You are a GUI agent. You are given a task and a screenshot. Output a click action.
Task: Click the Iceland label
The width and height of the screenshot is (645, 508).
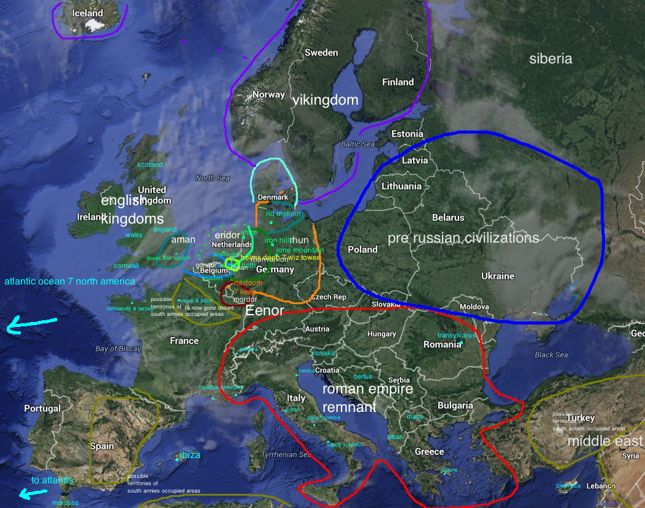pyautogui.click(x=87, y=13)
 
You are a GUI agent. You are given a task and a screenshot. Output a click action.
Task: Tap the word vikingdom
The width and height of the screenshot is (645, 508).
pyautogui.click(x=325, y=100)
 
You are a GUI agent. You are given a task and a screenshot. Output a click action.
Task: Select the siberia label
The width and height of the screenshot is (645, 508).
pyautogui.click(x=550, y=59)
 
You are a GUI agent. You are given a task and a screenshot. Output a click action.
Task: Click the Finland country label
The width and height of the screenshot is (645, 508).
pyautogui.click(x=398, y=82)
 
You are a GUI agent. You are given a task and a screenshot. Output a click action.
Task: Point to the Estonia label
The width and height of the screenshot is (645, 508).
pyautogui.click(x=407, y=134)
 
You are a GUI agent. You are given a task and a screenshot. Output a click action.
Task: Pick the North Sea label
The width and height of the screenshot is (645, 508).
pyautogui.click(x=212, y=178)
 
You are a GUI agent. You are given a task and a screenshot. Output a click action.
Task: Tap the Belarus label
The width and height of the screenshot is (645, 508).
pyautogui.click(x=447, y=217)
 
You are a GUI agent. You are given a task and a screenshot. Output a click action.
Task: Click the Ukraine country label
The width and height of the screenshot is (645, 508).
pyautogui.click(x=497, y=276)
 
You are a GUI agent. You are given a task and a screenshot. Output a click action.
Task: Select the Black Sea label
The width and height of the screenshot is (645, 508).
pyautogui.click(x=551, y=355)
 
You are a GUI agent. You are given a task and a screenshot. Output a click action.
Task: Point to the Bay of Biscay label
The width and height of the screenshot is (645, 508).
pyautogui.click(x=118, y=349)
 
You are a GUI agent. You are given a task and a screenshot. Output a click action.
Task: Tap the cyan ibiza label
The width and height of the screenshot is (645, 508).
pyautogui.click(x=190, y=455)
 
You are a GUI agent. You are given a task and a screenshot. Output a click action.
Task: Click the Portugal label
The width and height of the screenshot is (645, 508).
pyautogui.click(x=42, y=408)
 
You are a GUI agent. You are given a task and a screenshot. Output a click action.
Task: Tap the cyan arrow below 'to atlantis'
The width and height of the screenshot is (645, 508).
pyautogui.click(x=33, y=493)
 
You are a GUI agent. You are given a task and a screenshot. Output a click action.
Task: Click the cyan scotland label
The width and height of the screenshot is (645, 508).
pyautogui.click(x=150, y=164)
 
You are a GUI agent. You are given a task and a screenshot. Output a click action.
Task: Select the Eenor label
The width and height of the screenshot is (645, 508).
pyautogui.click(x=264, y=312)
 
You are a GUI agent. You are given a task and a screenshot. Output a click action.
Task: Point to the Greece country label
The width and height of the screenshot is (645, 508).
pyautogui.click(x=429, y=451)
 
